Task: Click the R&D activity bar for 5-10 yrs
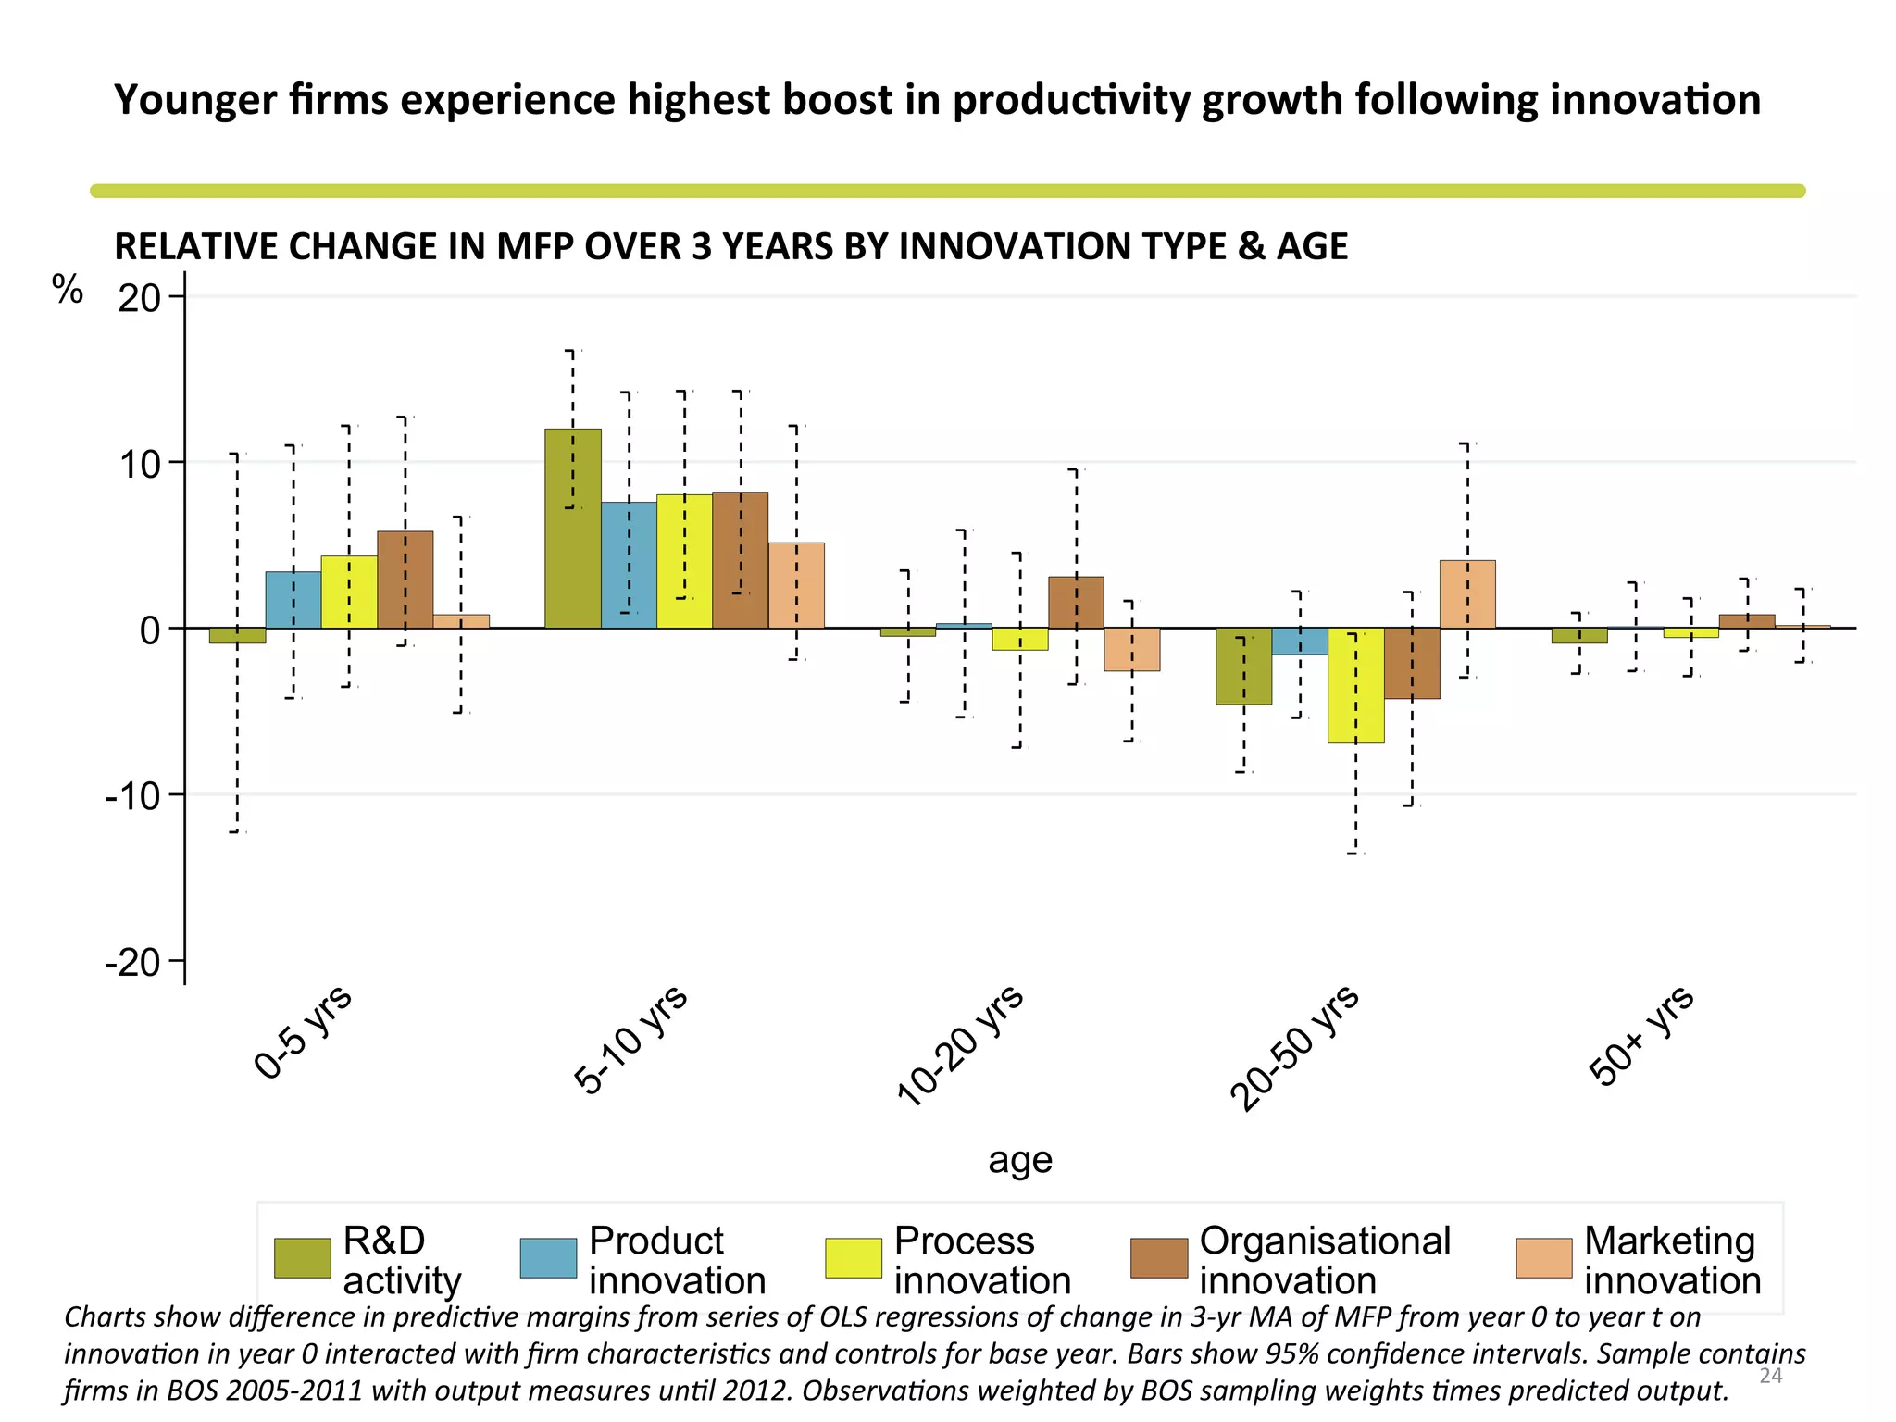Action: pyautogui.click(x=572, y=529)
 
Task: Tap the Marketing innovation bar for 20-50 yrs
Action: pyautogui.click(x=1467, y=594)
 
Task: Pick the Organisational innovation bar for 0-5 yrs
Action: pyautogui.click(x=405, y=580)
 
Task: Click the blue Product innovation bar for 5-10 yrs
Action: pyautogui.click(x=629, y=566)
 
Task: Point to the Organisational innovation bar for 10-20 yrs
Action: pyautogui.click(x=1076, y=603)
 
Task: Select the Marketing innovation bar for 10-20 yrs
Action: pyautogui.click(x=1131, y=649)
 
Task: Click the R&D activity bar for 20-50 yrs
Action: pyautogui.click(x=1243, y=667)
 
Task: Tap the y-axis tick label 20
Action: pyautogui.click(x=139, y=298)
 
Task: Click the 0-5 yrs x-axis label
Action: pyautogui.click(x=303, y=1032)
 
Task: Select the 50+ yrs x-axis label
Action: pyautogui.click(x=1640, y=1035)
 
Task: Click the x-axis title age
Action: pyautogui.click(x=1019, y=1160)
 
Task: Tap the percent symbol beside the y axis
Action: pyautogui.click(x=68, y=290)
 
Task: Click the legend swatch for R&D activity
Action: pyautogui.click(x=303, y=1258)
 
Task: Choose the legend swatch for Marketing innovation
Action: pyautogui.click(x=1543, y=1258)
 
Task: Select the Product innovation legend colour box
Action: pyautogui.click(x=548, y=1258)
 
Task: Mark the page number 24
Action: pyautogui.click(x=1770, y=1376)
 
